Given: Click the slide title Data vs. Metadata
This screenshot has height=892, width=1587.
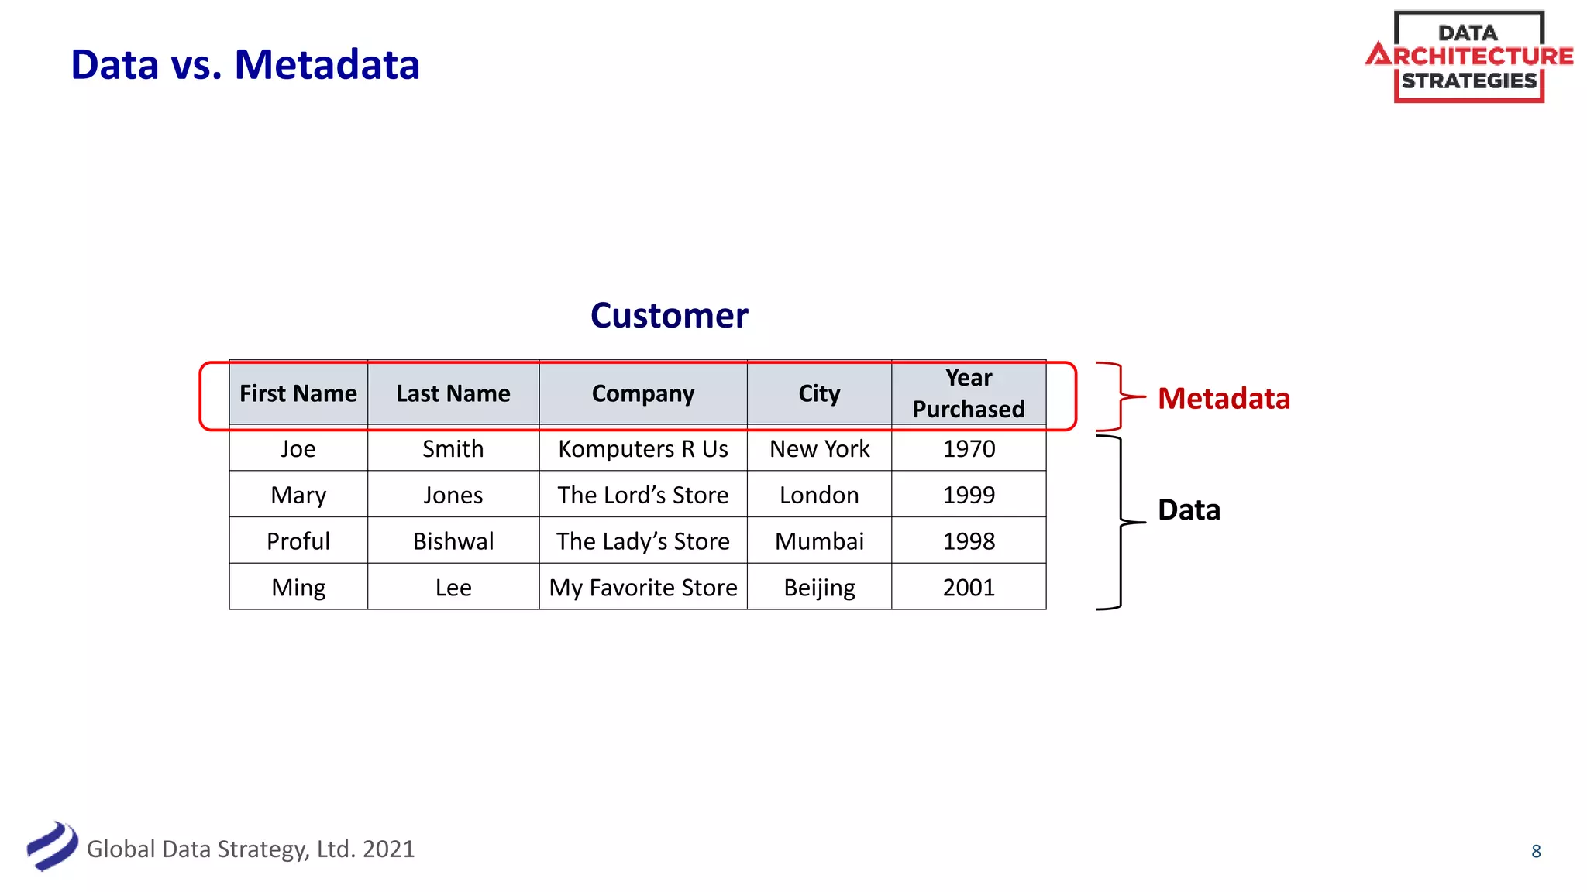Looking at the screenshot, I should point(245,65).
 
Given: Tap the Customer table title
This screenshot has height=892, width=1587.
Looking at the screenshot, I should point(669,316).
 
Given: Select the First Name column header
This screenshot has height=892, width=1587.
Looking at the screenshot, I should point(298,393).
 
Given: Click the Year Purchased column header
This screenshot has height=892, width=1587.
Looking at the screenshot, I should point(968,393).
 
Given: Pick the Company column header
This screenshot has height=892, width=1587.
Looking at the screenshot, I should point(642,393).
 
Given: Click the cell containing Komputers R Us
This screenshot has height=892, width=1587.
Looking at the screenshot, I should point(642,449).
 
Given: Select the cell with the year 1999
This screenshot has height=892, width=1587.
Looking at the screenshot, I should point(968,495).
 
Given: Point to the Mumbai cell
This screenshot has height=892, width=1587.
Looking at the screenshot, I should point(819,541).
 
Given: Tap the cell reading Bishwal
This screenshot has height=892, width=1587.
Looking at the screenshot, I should point(453,541).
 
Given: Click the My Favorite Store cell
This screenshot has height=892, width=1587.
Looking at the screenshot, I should point(642,588).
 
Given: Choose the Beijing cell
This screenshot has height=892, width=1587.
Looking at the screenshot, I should point(819,588).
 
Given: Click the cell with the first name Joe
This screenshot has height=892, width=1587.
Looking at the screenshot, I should point(298,449).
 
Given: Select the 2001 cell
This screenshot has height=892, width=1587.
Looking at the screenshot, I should point(968,588).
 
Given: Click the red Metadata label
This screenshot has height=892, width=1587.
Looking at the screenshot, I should point(1224,399).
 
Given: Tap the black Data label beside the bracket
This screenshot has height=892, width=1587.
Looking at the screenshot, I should point(1189,510).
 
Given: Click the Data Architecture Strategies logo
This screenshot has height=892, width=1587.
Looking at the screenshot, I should point(1468,57).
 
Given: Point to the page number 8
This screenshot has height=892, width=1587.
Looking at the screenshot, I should point(1536,851).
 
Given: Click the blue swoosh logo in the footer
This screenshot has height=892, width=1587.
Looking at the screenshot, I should point(52,846).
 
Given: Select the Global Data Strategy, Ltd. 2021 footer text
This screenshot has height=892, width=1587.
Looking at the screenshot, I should point(250,849).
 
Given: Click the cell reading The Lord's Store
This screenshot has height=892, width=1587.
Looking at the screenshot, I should point(642,495).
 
